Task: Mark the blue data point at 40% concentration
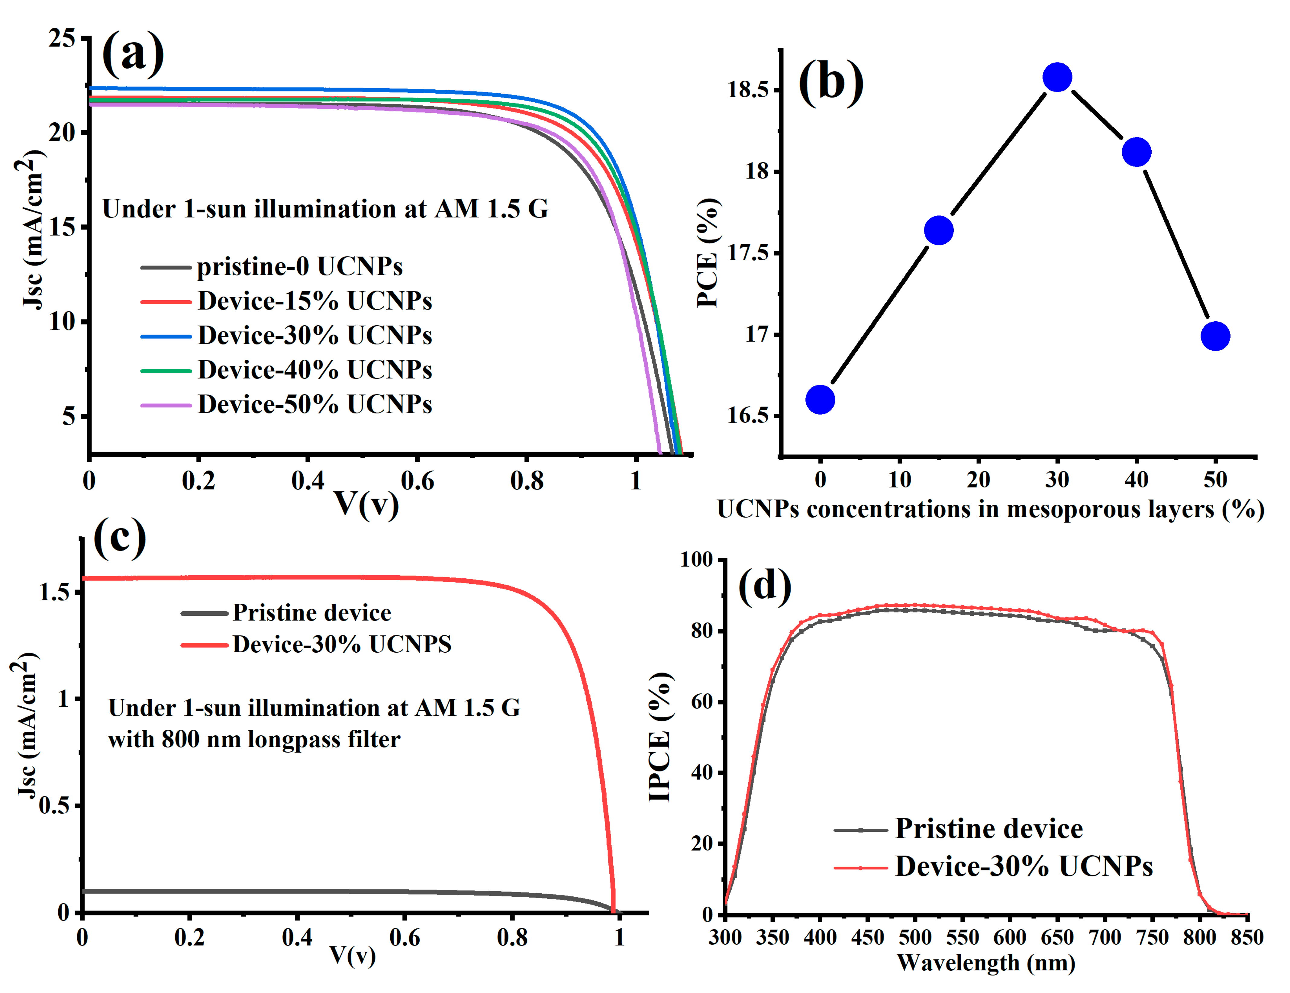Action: point(1136,152)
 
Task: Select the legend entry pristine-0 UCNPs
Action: point(299,267)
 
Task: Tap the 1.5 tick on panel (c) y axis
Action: point(54,592)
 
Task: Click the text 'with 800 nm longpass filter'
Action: point(254,739)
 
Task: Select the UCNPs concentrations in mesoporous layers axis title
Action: point(990,509)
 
